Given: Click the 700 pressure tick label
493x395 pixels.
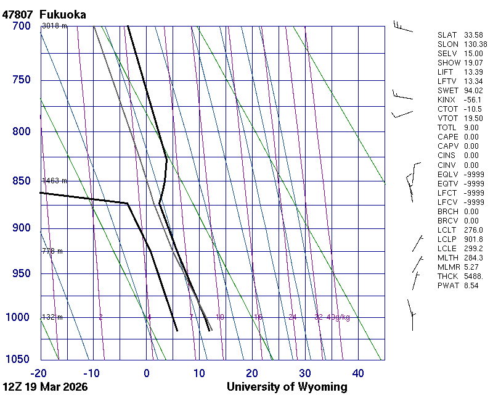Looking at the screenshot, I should (21, 26).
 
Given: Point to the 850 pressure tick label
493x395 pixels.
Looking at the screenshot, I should (21, 181).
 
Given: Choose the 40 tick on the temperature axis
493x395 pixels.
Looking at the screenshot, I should (358, 373).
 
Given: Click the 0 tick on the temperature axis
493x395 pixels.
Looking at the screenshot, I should (147, 373).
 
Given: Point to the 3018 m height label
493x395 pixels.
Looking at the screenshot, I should (54, 26).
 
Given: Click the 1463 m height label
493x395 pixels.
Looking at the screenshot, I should (54, 181).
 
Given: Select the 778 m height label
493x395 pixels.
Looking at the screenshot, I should (52, 251).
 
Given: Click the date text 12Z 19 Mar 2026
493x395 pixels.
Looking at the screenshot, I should (45, 387).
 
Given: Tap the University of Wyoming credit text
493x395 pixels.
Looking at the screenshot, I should (287, 387).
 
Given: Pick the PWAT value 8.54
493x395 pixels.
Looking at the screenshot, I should (471, 286).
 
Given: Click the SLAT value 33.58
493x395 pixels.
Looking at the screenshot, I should (473, 35).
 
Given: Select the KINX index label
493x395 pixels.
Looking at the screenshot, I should (446, 99).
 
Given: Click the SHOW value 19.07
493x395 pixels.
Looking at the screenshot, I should (473, 62).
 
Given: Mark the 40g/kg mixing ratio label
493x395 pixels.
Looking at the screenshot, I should (338, 317).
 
